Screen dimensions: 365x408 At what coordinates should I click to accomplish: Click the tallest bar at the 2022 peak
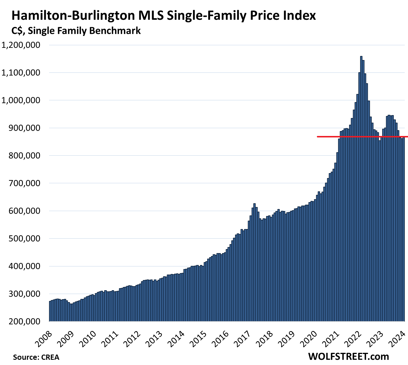361,188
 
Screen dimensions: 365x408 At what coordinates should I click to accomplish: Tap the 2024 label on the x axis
399,339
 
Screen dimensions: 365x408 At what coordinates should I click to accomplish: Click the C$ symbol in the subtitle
17,30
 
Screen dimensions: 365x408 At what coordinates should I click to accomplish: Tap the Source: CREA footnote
36,357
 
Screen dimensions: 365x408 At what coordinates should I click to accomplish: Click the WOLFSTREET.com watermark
348,356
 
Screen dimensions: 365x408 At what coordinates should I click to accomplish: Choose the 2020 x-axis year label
310,339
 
